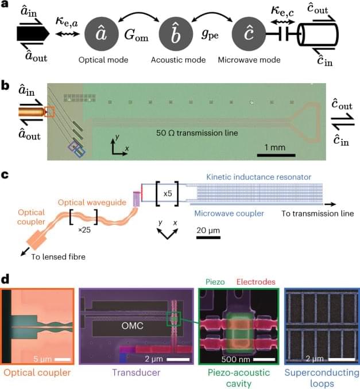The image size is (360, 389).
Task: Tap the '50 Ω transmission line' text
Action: click(x=197, y=133)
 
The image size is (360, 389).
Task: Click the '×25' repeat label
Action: click(x=83, y=230)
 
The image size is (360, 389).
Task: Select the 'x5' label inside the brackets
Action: click(x=168, y=194)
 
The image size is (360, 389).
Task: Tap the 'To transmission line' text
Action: click(x=318, y=214)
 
